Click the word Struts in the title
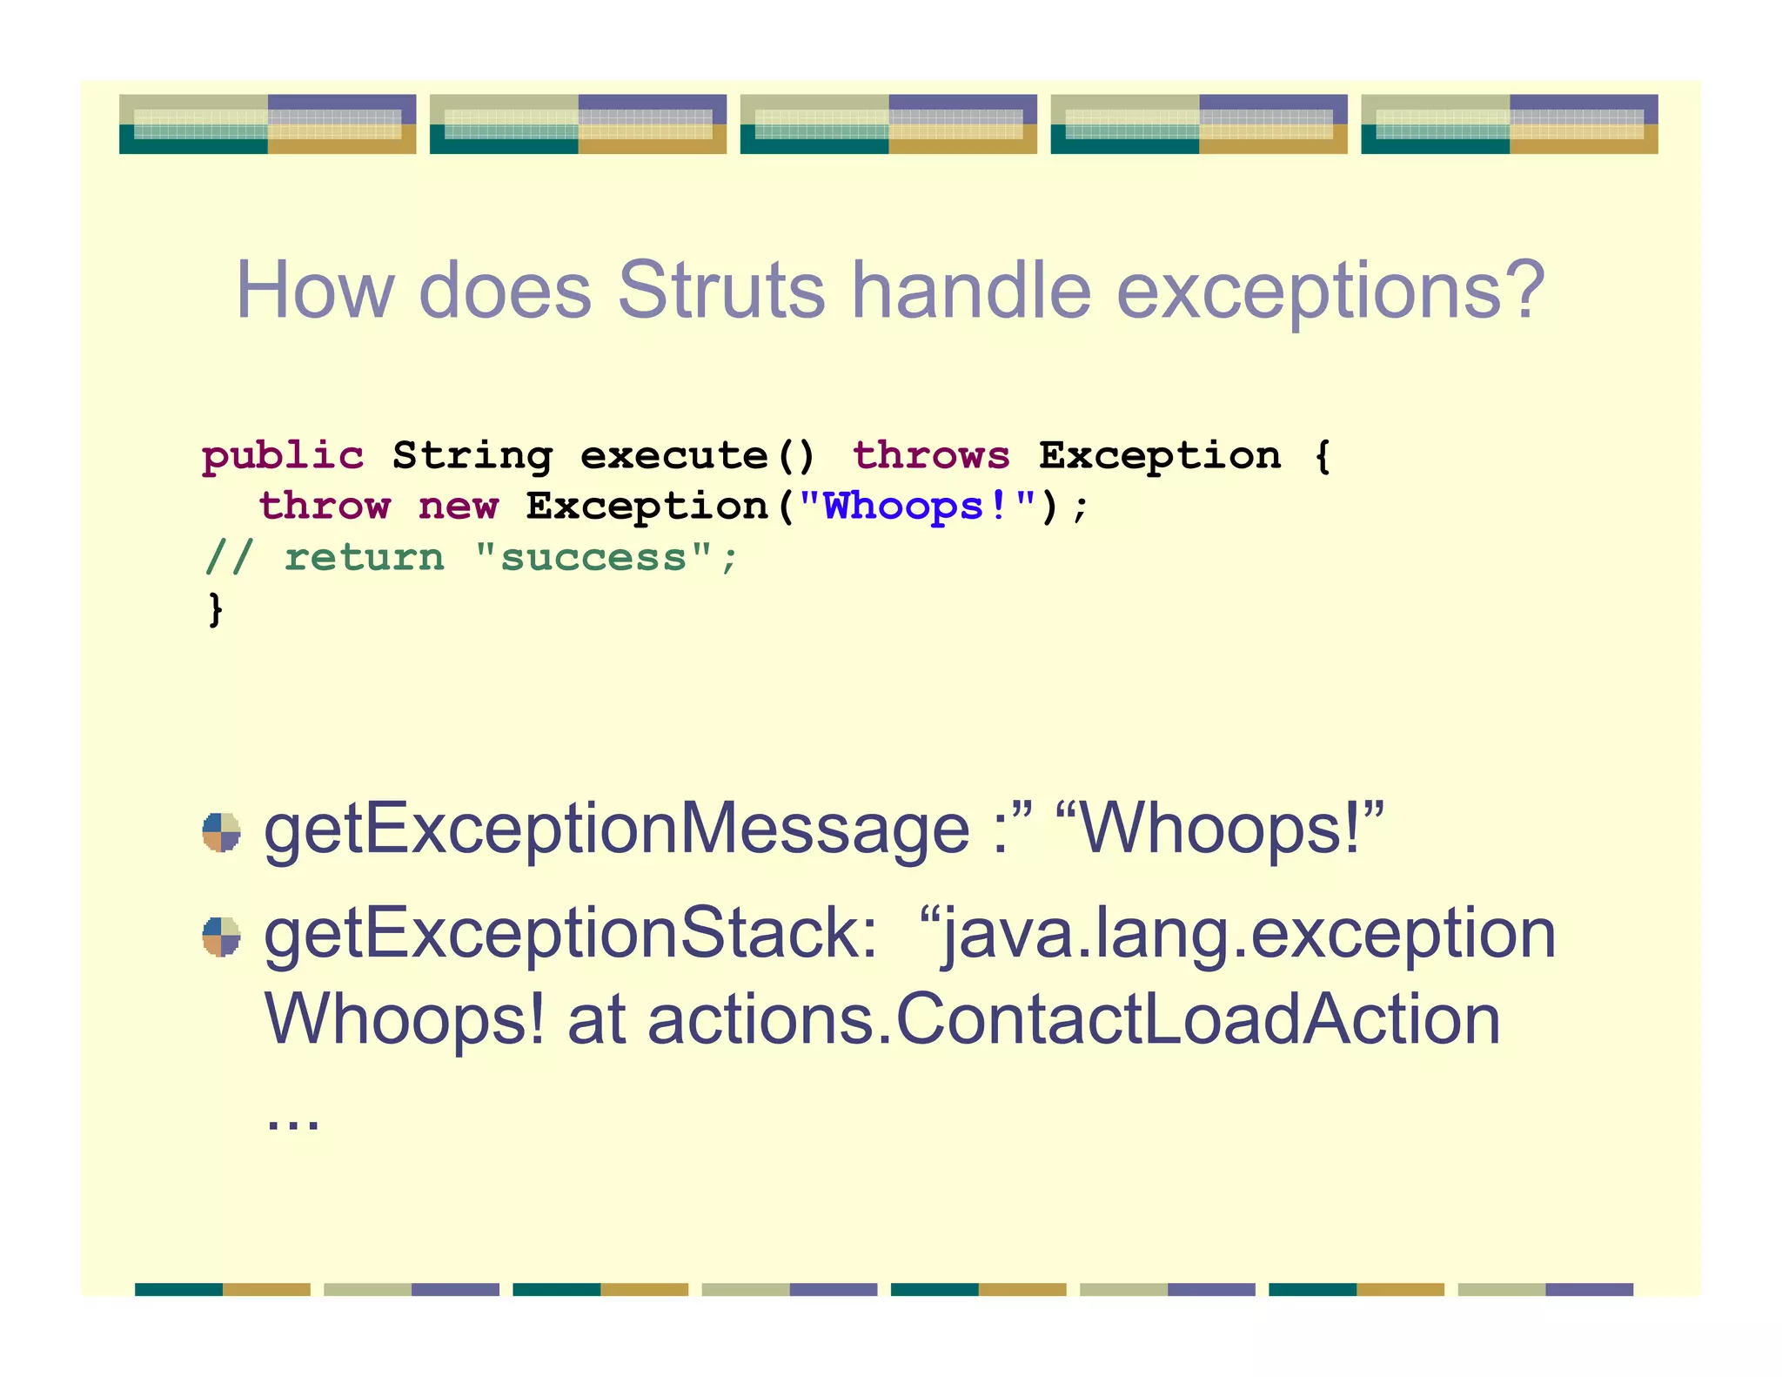click(x=720, y=291)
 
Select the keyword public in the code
click(x=283, y=456)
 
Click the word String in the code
click(x=472, y=456)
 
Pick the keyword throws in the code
click(x=931, y=456)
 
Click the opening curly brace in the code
click(x=1322, y=456)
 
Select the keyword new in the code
click(x=459, y=507)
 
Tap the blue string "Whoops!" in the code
click(x=917, y=507)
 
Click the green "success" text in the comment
click(x=593, y=558)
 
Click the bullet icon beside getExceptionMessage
click(x=221, y=832)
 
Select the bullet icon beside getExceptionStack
click(x=221, y=937)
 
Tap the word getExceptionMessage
click(x=616, y=830)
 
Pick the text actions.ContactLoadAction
click(x=1075, y=1019)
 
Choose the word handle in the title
click(x=970, y=291)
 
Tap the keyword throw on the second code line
click(x=325, y=507)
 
